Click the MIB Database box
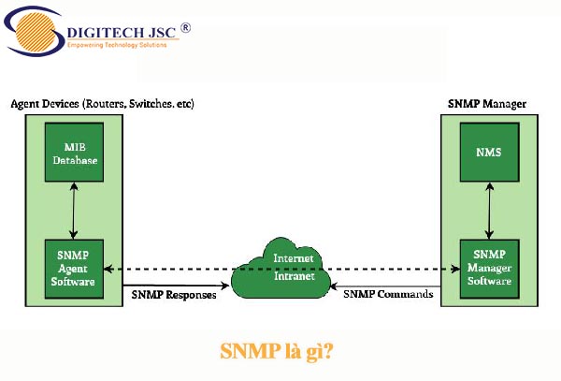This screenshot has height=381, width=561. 73,153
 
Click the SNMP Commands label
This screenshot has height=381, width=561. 388,296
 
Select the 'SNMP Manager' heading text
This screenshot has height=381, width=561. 488,103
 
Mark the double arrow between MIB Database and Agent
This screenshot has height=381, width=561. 73,211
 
